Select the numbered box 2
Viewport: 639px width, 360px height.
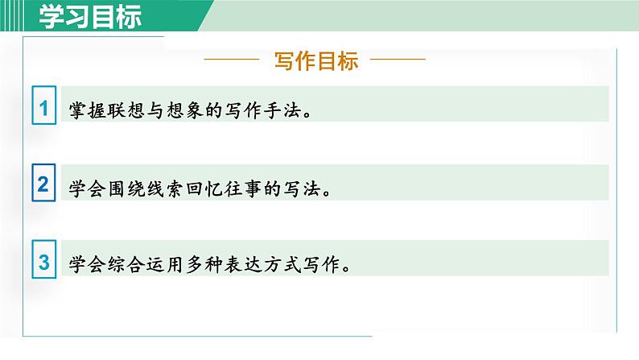[x=43, y=185]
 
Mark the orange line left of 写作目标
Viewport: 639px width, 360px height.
[x=233, y=60]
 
